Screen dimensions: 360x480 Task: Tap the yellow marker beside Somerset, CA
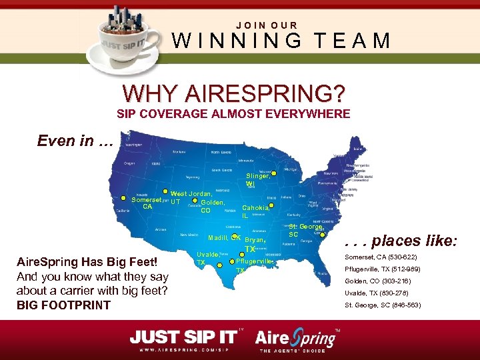[124, 198]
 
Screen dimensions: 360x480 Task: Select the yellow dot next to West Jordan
[165, 191]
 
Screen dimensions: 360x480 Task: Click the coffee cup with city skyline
[130, 39]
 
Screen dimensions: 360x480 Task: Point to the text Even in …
[75, 141]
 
